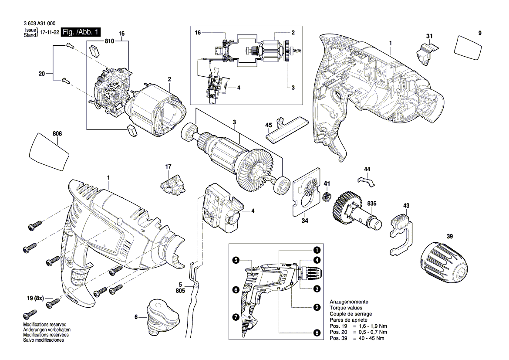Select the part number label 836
click(x=372, y=204)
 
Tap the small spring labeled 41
click(x=327, y=197)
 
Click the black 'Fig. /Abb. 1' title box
click(x=81, y=32)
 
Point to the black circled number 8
click(x=317, y=333)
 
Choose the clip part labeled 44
click(x=366, y=181)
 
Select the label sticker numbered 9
click(x=468, y=48)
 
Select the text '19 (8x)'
click(x=35, y=298)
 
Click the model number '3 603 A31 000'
click(x=39, y=24)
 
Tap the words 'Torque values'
click(x=346, y=308)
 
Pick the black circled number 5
click(x=236, y=260)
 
